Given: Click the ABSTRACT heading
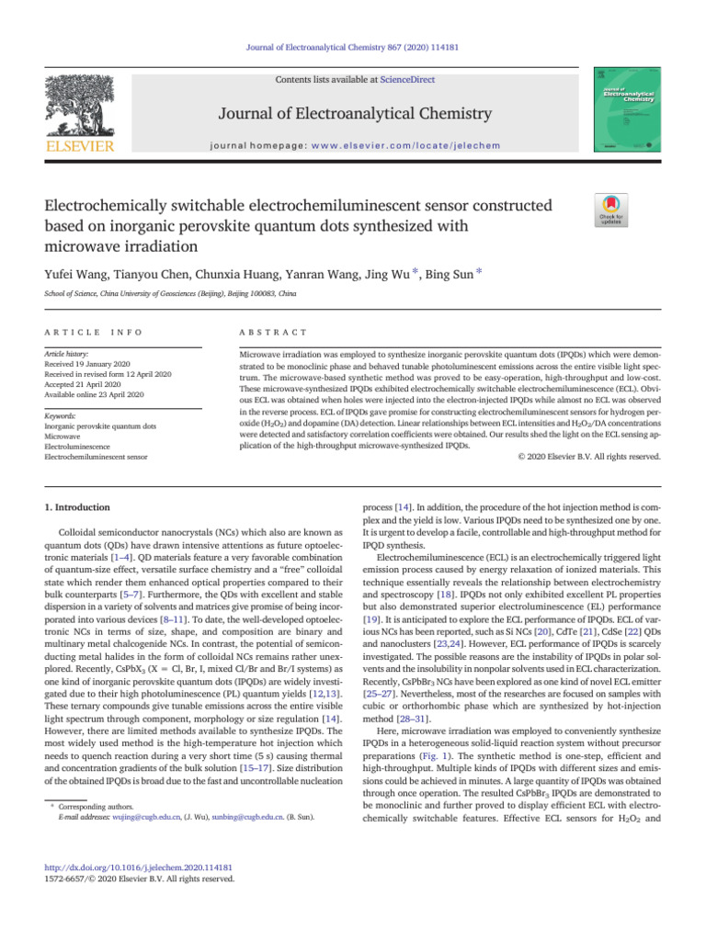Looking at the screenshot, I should (x=272, y=331).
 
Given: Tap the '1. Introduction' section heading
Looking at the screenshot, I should (x=78, y=507).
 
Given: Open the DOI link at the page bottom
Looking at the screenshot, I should (x=138, y=867).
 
